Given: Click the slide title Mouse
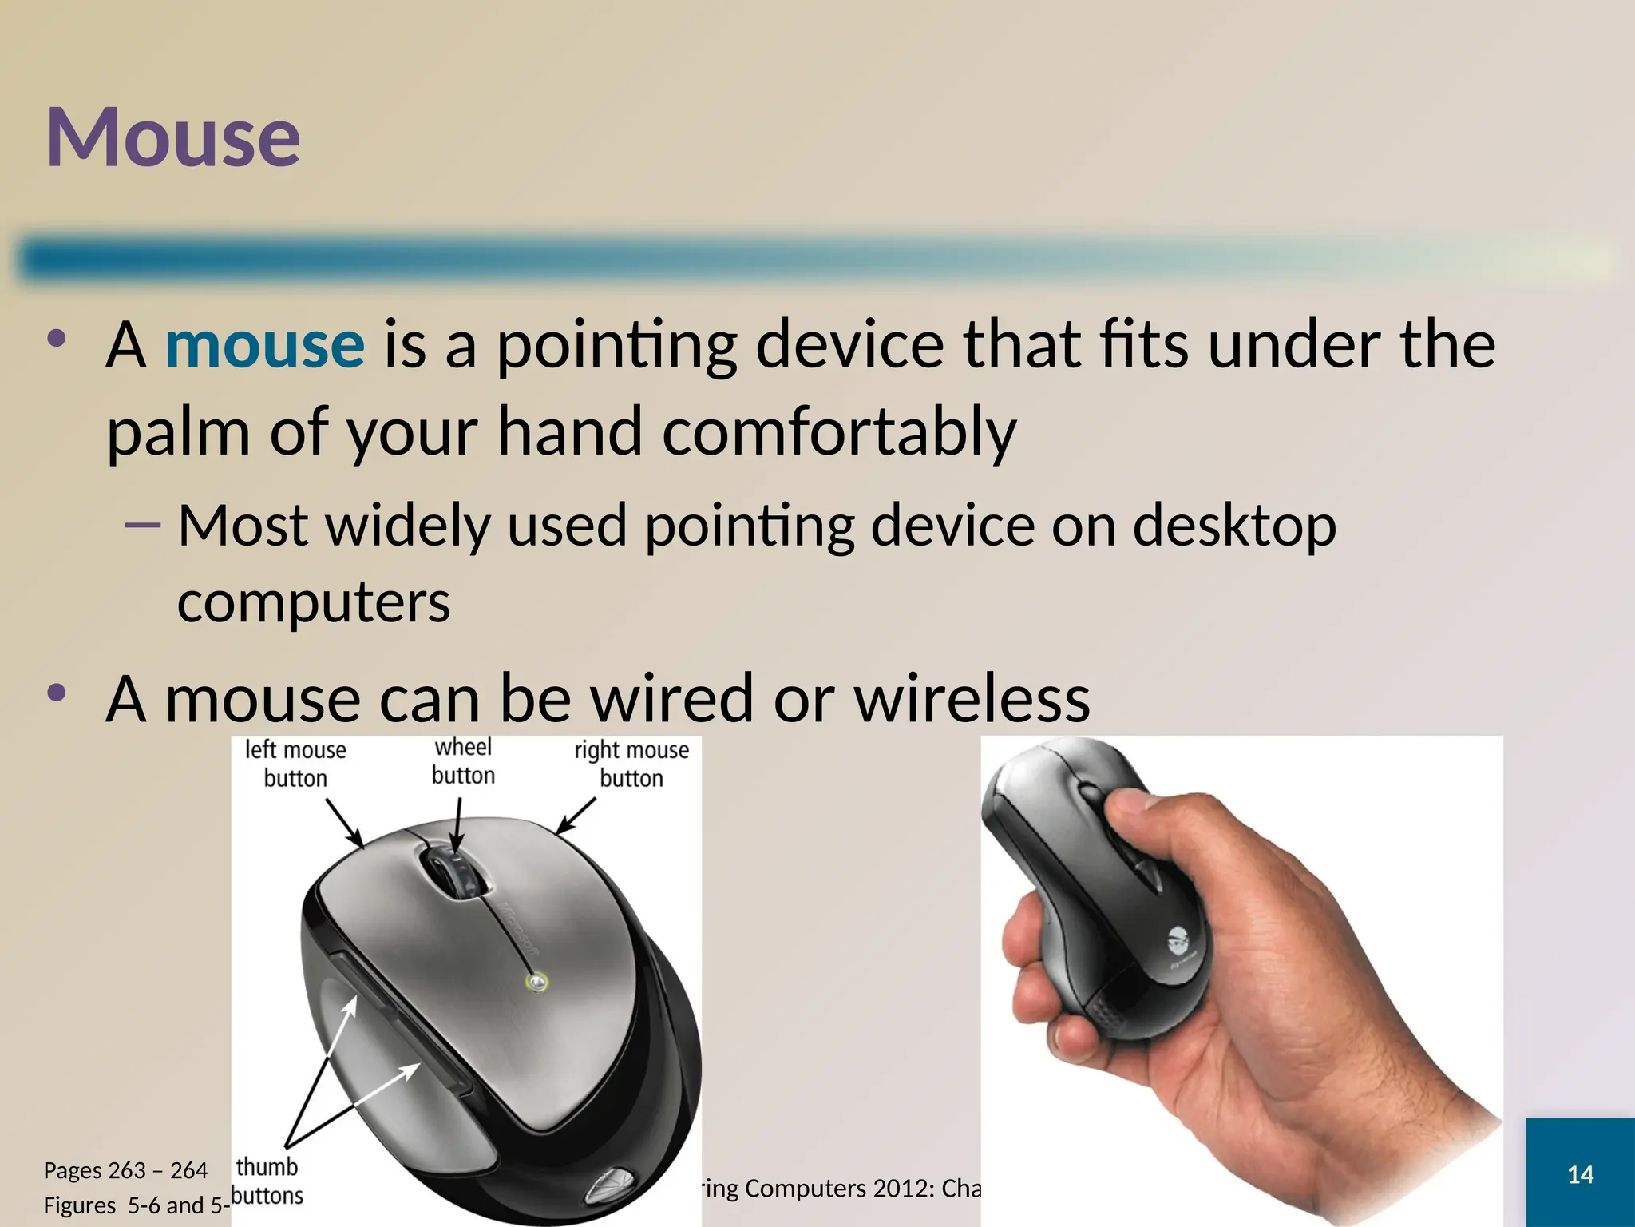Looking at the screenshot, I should click(x=173, y=137).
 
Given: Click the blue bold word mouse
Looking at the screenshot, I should click(x=264, y=345).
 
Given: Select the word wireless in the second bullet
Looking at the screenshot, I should click(x=972, y=699).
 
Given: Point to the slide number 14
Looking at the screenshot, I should click(x=1580, y=1174).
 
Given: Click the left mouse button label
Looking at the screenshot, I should click(x=295, y=764).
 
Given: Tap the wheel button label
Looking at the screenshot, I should click(x=463, y=761).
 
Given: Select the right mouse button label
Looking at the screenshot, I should click(x=631, y=764).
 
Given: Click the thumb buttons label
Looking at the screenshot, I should click(x=267, y=1181).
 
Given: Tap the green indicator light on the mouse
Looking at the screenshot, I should click(x=538, y=981).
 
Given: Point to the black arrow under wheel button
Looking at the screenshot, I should click(x=457, y=827).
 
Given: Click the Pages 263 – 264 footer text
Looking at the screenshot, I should click(x=125, y=1170).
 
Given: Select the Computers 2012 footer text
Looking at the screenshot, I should click(x=838, y=1188).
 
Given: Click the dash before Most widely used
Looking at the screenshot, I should click(x=143, y=526).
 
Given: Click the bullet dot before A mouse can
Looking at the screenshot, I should click(x=56, y=693).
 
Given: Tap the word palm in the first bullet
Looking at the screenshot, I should click(x=178, y=432).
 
